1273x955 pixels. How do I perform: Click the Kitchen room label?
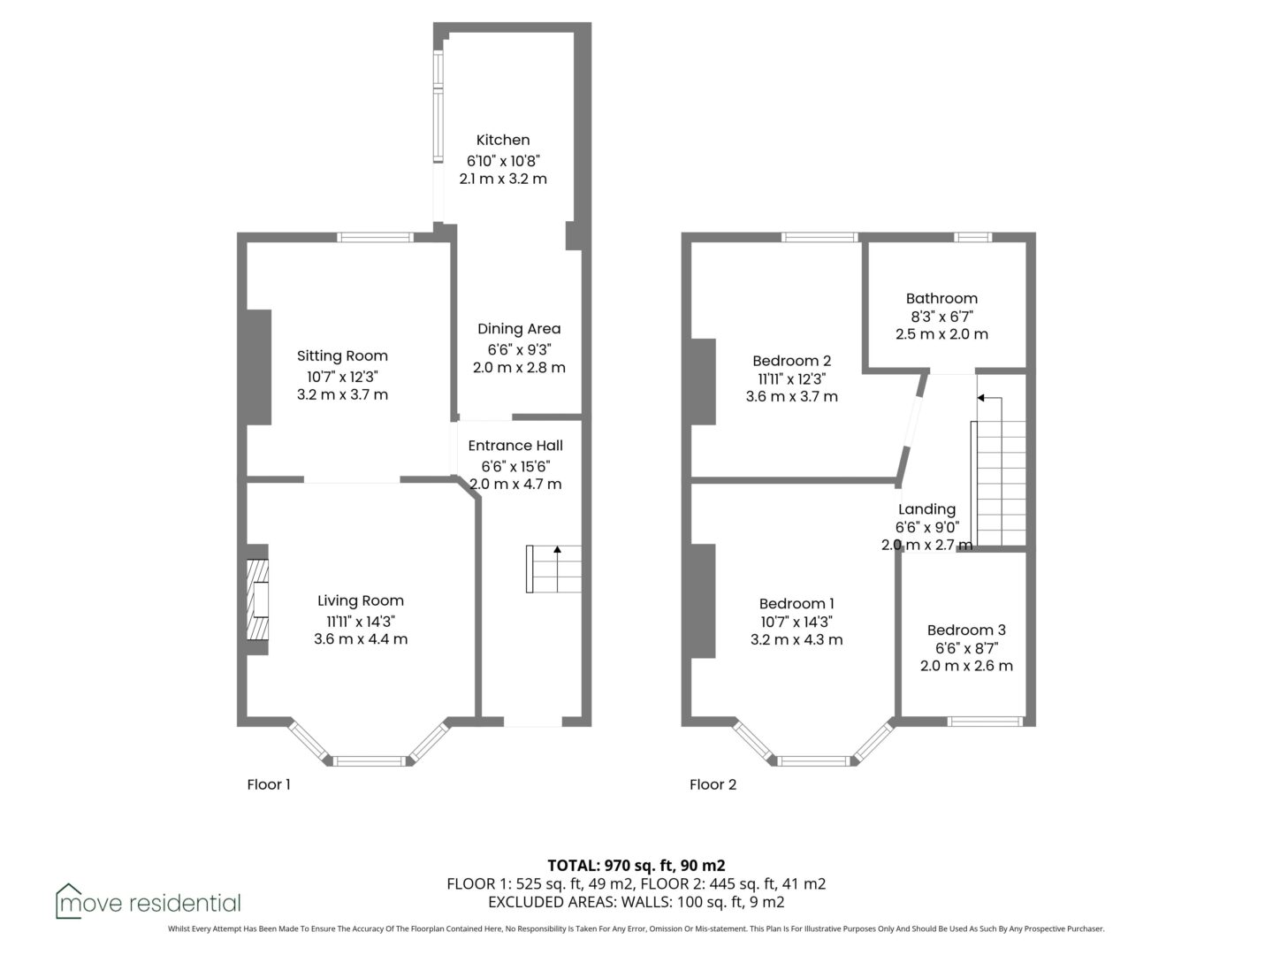pos(503,140)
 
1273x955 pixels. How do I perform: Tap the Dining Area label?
pos(519,329)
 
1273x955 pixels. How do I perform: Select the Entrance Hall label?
pos(515,446)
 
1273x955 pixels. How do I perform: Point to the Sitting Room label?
pos(342,356)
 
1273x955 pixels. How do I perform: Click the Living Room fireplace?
pos(257,600)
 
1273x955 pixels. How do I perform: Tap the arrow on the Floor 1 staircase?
pos(557,569)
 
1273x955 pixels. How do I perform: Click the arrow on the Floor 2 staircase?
pos(990,398)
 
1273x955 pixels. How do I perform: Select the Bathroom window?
pos(972,237)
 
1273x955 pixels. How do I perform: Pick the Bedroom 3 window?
pos(985,722)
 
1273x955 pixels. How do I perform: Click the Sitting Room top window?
pos(375,237)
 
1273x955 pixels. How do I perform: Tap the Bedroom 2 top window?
pos(819,237)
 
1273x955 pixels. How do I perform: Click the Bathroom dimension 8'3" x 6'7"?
pos(941,317)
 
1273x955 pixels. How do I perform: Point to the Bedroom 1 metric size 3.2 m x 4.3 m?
pos(797,639)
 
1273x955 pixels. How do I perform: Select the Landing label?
pos(926,509)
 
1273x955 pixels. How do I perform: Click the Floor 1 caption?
pos(269,784)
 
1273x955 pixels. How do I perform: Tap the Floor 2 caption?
pos(713,784)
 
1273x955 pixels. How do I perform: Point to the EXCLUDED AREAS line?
pos(636,902)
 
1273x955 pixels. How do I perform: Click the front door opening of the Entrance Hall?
pos(532,722)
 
